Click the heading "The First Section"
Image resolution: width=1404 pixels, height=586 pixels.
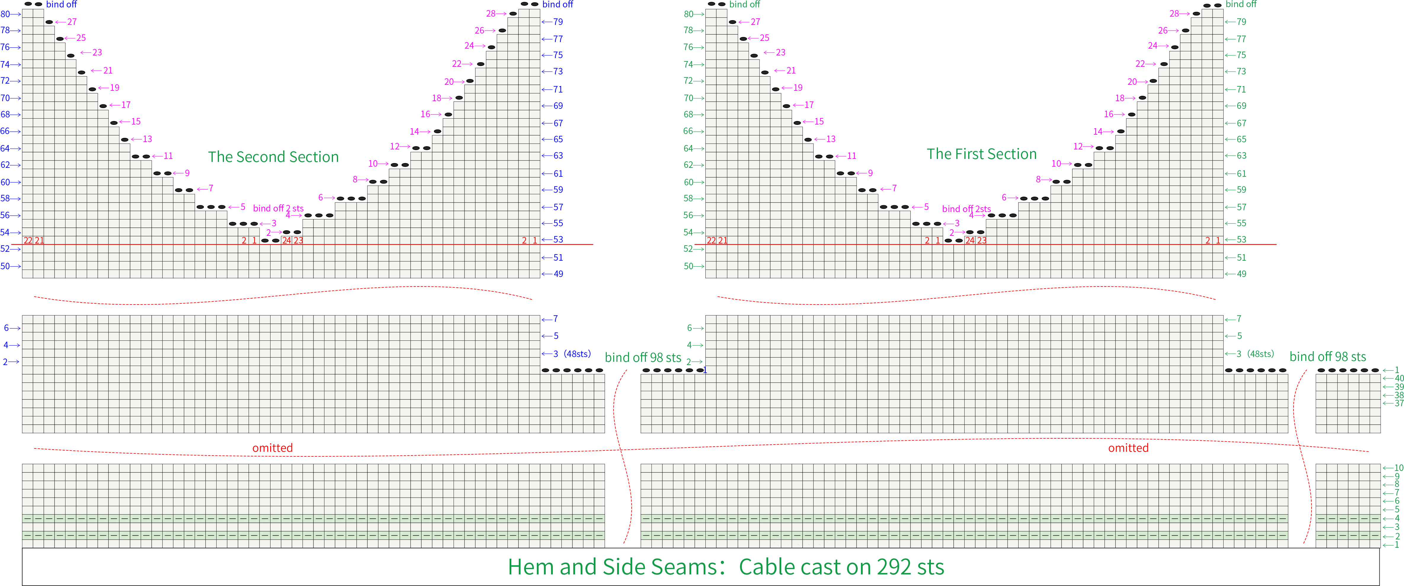982,155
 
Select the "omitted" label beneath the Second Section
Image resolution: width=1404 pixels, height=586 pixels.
273,448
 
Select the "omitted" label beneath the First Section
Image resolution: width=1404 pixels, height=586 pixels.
1128,448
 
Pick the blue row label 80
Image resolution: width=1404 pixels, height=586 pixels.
5,14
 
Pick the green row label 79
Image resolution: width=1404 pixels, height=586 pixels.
1242,22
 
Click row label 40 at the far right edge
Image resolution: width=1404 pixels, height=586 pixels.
1399,378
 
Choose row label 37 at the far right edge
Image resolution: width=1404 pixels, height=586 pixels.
1399,403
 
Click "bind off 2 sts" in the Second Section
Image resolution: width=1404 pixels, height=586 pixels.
278,208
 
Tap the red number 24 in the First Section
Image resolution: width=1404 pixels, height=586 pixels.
970,240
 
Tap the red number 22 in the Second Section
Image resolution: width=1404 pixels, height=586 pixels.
28,240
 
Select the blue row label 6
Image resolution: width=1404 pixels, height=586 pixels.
7,328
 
